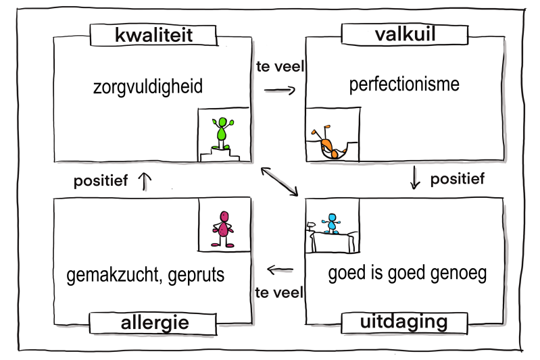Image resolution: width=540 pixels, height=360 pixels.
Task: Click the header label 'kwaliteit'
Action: coord(155,34)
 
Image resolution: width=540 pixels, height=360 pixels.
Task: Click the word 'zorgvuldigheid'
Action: coord(148,87)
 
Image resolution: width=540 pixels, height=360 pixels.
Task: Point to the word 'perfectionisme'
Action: coord(404,85)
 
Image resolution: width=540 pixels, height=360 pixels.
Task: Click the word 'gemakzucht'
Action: coord(113,276)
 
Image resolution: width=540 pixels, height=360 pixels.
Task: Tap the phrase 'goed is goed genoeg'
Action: coord(407,274)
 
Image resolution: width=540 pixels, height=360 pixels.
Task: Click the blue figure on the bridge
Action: coord(331,223)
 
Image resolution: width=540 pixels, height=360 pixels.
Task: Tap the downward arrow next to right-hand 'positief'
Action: coord(416,178)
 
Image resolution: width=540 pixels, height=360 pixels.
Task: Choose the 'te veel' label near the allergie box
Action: coord(279,292)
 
